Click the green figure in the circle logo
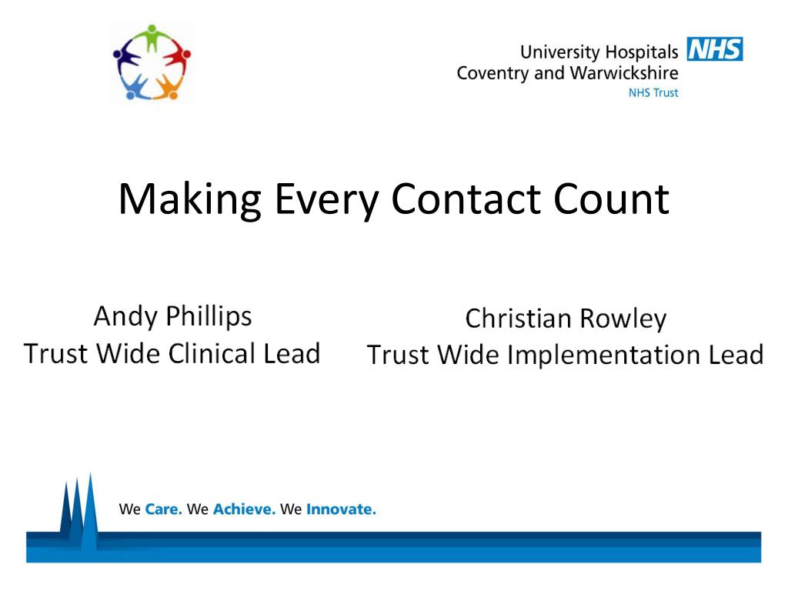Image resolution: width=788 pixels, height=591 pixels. click(152, 38)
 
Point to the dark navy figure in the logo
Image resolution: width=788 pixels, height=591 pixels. click(125, 58)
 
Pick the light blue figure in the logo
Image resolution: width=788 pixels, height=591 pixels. click(135, 85)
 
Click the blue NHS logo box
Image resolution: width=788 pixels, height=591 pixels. click(714, 50)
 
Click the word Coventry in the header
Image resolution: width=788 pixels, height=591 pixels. click(491, 74)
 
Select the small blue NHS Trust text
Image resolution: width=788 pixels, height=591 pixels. click(653, 93)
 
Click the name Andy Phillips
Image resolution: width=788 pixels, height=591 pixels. click(172, 316)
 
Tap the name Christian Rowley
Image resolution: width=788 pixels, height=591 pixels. click(566, 319)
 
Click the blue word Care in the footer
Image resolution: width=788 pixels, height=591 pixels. click(163, 509)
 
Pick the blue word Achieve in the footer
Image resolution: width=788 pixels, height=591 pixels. click(244, 509)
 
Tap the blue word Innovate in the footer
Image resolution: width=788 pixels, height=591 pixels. click(341, 509)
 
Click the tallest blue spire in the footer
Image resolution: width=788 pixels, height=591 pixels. click(91, 508)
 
